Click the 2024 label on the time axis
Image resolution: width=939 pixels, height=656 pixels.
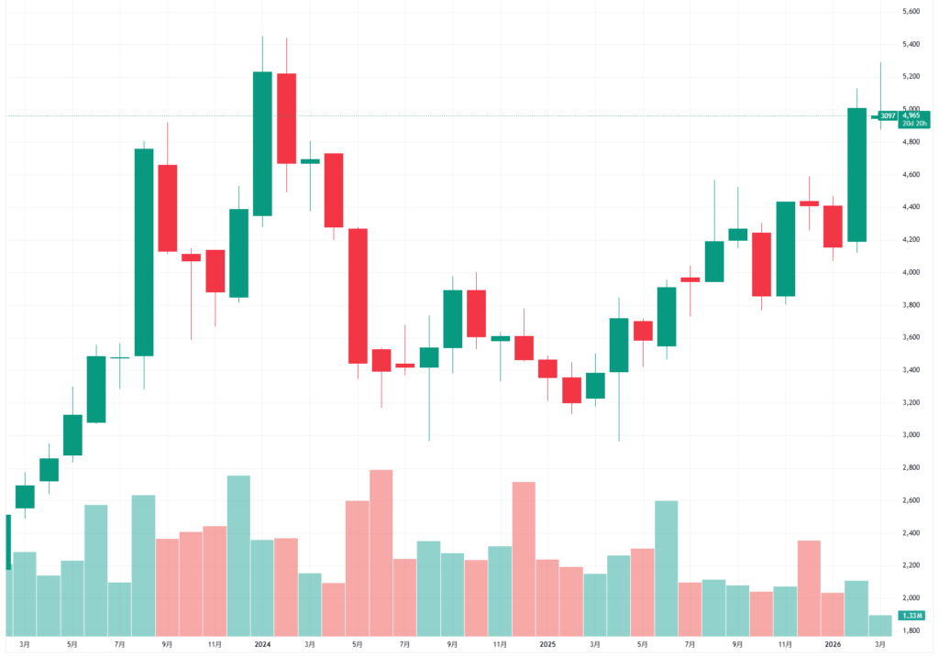click(x=262, y=645)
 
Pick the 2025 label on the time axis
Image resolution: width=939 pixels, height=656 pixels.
click(x=547, y=645)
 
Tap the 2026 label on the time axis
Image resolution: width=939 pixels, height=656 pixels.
click(x=833, y=645)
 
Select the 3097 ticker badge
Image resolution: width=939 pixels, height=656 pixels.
click(x=888, y=116)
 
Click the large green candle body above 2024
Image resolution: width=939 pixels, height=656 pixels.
click(x=262, y=143)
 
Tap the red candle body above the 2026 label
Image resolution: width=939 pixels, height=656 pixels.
click(x=833, y=226)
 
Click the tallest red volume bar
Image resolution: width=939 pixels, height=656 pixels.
click(x=381, y=552)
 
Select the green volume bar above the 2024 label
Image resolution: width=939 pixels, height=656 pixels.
click(x=262, y=587)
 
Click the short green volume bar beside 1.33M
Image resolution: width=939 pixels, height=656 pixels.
click(x=880, y=626)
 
